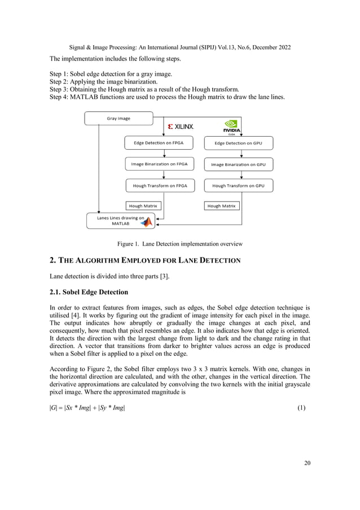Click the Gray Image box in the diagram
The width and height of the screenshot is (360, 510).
118,119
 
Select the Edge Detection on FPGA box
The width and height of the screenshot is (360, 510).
158,143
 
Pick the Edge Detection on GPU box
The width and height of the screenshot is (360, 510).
238,143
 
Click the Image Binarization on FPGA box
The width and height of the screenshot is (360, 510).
159,164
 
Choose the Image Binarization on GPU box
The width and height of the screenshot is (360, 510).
238,164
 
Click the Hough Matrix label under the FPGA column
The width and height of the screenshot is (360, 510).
142,206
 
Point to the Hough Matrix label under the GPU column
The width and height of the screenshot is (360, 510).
221,206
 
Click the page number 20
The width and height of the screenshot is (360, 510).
306,464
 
